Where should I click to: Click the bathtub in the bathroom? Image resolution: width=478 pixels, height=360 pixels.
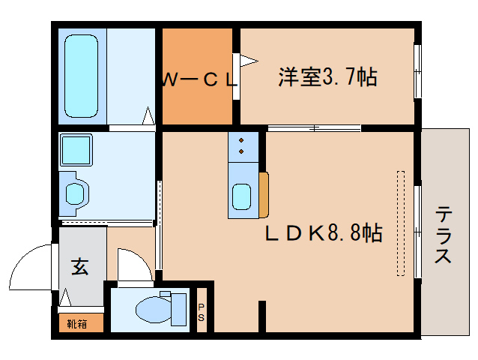pyautogui.click(x=81, y=74)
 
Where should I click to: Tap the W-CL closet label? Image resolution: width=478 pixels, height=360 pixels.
pyautogui.click(x=198, y=79)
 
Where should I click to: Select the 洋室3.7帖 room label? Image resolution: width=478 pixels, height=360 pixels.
pyautogui.click(x=327, y=76)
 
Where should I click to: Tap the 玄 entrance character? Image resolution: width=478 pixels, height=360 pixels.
pyautogui.click(x=80, y=266)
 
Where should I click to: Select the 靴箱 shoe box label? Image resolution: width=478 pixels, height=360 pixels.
pyautogui.click(x=76, y=324)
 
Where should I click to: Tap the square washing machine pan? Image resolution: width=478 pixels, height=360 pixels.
pyautogui.click(x=76, y=150)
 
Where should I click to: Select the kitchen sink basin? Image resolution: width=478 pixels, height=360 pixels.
pyautogui.click(x=243, y=196)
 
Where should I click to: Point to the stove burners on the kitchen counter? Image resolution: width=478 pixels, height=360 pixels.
pyautogui.click(x=243, y=145)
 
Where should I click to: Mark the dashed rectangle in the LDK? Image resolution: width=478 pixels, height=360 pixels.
pyautogui.click(x=400, y=222)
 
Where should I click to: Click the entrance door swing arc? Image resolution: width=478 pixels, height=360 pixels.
pyautogui.click(x=30, y=266)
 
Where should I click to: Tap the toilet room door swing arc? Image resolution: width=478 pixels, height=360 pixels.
pyautogui.click(x=132, y=262)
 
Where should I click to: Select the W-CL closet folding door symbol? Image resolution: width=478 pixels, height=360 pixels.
pyautogui.click(x=246, y=59)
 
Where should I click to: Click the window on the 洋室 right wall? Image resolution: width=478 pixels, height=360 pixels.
pyautogui.click(x=417, y=71)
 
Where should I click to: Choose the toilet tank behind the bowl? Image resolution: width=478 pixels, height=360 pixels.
pyautogui.click(x=180, y=308)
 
